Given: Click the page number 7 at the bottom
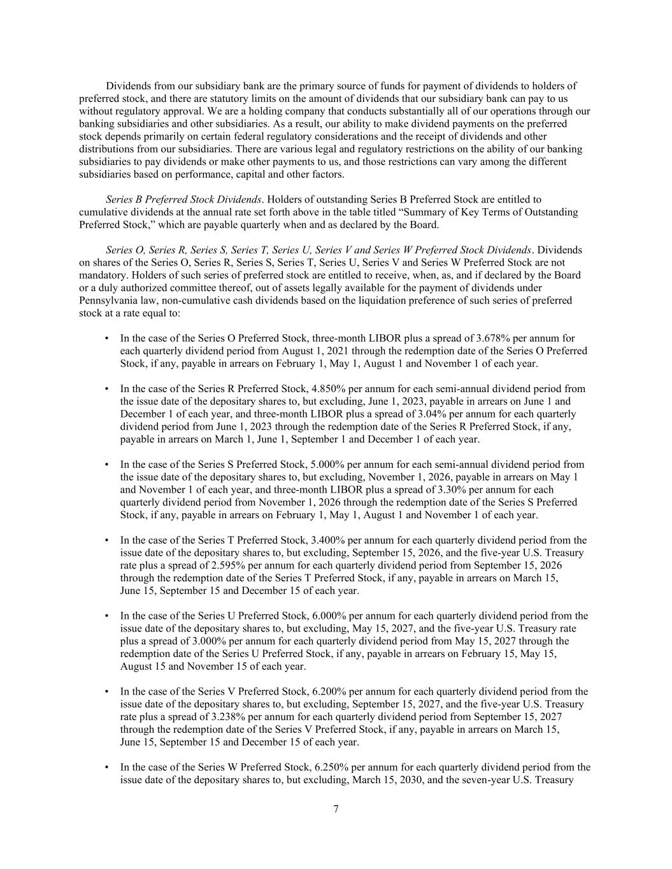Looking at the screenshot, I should coord(336,809).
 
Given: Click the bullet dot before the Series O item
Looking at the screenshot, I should coord(106,339).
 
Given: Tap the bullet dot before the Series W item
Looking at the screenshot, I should coord(106,768).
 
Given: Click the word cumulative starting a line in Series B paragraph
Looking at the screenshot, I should coord(103,212).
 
